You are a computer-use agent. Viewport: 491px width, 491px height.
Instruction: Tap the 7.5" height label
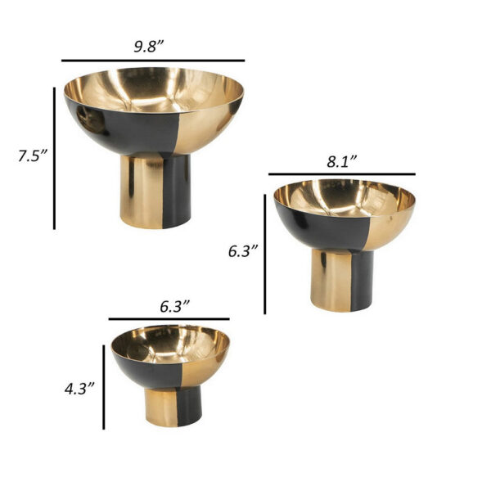point(34,156)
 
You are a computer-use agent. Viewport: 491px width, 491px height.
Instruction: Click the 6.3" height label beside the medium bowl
point(243,252)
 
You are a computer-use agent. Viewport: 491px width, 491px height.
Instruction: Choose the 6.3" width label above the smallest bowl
point(174,306)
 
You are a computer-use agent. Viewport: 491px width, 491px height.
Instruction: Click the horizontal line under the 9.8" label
point(153,61)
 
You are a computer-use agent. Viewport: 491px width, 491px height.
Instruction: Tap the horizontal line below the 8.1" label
point(341,174)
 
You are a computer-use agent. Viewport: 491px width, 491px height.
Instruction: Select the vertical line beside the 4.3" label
point(104,387)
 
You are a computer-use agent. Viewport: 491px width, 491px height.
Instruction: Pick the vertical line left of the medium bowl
point(265,254)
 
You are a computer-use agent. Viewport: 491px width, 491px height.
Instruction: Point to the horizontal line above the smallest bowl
point(169,319)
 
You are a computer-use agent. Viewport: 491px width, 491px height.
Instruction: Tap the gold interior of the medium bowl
point(344,196)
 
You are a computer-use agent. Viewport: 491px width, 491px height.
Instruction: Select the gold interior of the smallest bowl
point(170,341)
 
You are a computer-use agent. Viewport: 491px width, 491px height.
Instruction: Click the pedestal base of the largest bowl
point(155,191)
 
